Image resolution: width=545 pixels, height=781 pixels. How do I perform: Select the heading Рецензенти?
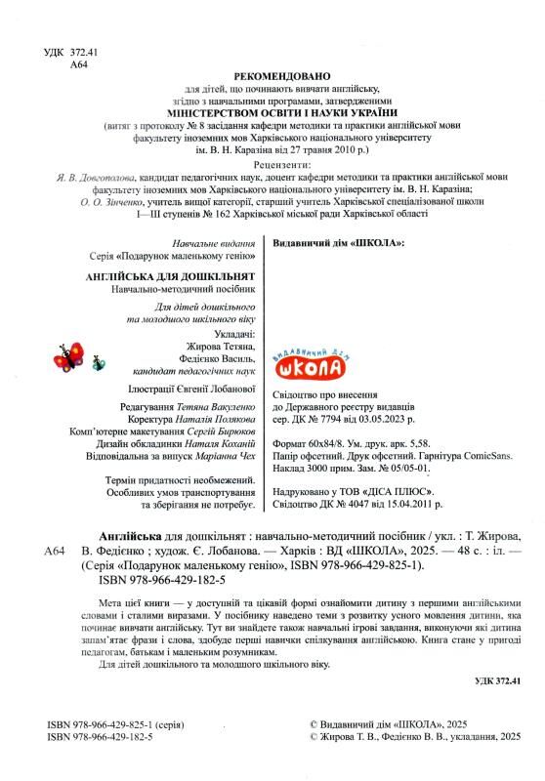pos(283,167)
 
